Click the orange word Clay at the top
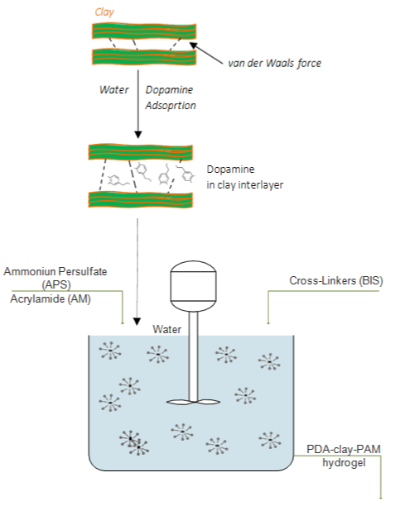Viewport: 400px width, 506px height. (104, 12)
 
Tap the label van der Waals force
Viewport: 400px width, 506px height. (275, 63)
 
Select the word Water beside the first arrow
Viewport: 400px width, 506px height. (113, 89)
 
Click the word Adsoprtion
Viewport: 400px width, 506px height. (171, 106)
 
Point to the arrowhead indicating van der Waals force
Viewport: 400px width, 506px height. (193, 45)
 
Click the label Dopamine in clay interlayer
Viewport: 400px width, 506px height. (245, 177)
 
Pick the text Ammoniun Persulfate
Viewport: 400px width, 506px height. (55, 272)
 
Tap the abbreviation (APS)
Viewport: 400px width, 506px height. (56, 284)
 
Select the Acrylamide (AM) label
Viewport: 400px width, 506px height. (51, 298)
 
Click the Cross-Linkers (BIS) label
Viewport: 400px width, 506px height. (336, 281)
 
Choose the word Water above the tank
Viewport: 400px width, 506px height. (166, 329)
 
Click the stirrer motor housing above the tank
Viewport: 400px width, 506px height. (193, 286)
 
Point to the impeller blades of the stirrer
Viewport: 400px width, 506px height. (193, 402)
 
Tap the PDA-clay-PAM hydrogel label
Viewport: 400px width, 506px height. (344, 456)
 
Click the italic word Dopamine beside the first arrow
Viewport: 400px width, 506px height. (169, 90)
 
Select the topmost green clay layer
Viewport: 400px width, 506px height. (144, 31)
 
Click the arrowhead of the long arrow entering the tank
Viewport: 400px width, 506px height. (137, 322)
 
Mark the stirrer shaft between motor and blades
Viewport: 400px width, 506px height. (193, 356)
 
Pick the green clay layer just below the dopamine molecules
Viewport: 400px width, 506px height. (140, 199)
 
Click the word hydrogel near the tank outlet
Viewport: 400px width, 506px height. (344, 463)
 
